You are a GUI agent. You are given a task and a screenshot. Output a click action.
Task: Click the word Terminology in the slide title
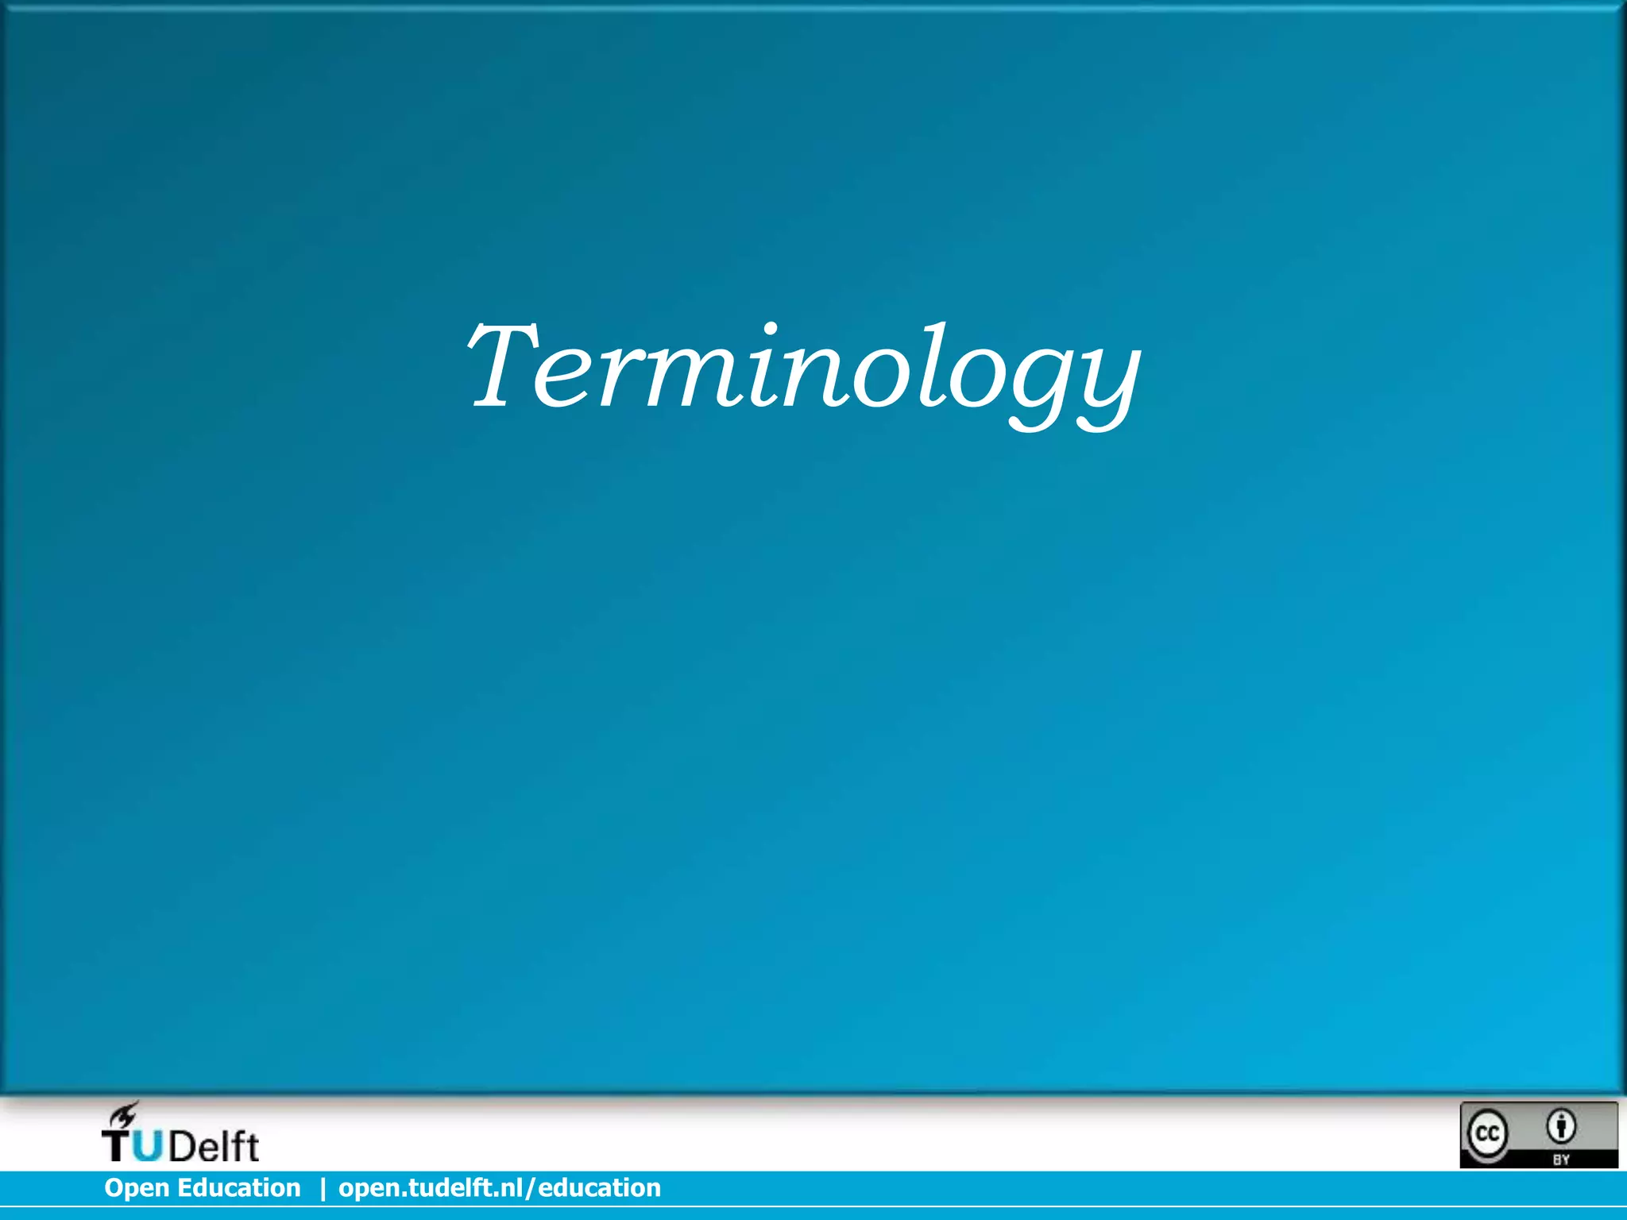802,370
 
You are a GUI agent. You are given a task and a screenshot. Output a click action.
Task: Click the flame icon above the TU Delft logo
123,1114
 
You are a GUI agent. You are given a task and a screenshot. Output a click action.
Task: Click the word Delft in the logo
213,1145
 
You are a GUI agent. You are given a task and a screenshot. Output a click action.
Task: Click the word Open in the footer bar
136,1188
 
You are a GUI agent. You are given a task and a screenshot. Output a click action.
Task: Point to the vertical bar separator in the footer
323,1188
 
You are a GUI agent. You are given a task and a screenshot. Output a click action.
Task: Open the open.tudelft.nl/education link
500,1187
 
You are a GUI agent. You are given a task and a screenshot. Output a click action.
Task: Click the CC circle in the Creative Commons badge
1486,1133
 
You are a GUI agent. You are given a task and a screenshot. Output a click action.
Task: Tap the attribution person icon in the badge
1562,1125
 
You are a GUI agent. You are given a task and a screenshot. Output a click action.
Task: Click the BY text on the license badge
1561,1159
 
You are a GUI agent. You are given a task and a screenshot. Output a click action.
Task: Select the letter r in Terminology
620,377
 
